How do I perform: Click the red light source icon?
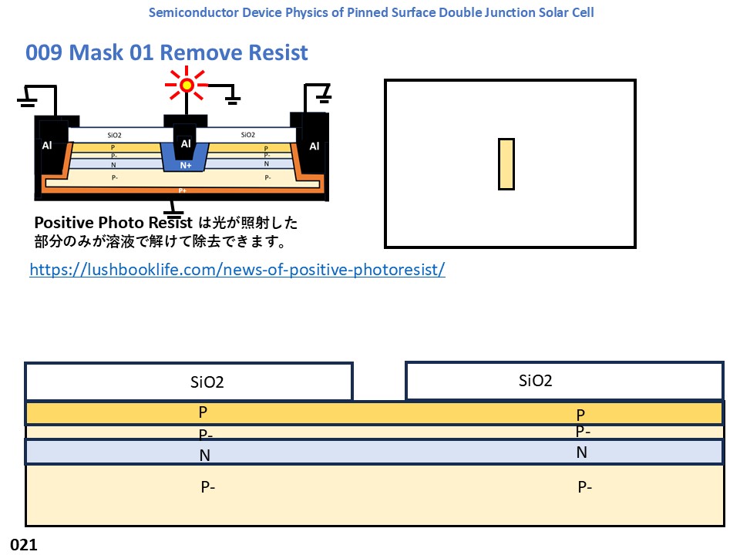tap(187, 85)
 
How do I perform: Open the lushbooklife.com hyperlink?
tap(237, 270)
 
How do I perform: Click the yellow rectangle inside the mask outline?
tap(506, 163)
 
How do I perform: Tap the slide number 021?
tap(23, 544)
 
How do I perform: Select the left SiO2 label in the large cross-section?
tap(207, 382)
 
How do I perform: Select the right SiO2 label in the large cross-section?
tap(536, 380)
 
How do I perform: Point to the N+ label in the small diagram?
tap(186, 165)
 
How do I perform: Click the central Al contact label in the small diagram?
tap(185, 143)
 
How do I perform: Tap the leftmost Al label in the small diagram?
tap(47, 146)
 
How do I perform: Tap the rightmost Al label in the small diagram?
tap(314, 146)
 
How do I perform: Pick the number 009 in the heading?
tap(43, 52)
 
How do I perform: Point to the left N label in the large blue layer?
tap(204, 456)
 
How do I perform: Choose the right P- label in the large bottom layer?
tap(584, 486)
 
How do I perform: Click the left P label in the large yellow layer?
tap(203, 412)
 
